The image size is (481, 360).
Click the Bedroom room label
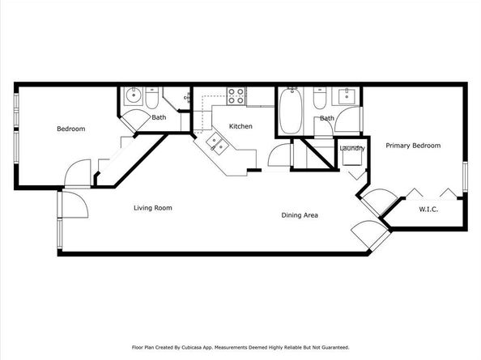(x=71, y=129)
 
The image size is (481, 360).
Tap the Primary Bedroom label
(x=413, y=146)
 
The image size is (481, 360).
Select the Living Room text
(x=153, y=208)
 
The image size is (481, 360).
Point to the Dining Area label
(x=300, y=215)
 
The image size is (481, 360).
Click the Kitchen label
(x=240, y=126)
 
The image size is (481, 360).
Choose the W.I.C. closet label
(x=428, y=210)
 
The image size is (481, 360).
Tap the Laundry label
(x=352, y=148)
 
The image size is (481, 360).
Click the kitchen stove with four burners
(x=236, y=96)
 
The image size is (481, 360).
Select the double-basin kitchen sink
(x=217, y=145)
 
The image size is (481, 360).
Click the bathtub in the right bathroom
(x=291, y=111)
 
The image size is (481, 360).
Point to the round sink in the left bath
(x=134, y=95)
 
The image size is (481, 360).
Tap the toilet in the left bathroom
(x=152, y=98)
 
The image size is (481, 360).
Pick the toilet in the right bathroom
(x=320, y=98)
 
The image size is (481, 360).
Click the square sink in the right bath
(x=347, y=97)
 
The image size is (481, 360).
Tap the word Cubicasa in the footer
(x=191, y=347)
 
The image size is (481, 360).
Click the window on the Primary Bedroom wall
(x=465, y=177)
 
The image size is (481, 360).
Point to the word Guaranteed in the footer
(x=337, y=347)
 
